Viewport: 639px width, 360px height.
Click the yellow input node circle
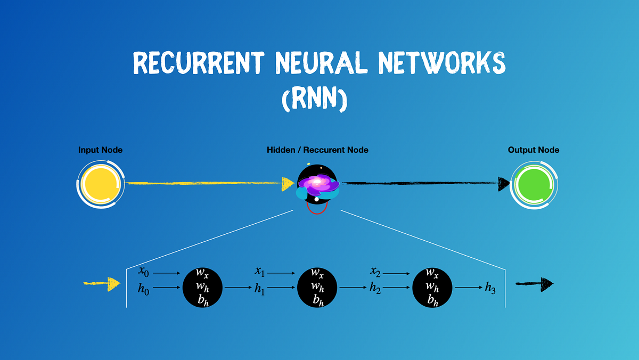[x=100, y=184]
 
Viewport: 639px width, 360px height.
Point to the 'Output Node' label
[x=534, y=150]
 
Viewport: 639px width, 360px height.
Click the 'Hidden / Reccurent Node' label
[x=317, y=150]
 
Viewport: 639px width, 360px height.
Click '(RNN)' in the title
[x=314, y=99]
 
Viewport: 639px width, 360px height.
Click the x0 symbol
[x=143, y=272]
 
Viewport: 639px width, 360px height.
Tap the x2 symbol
[x=375, y=272]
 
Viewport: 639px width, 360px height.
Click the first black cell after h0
[x=202, y=288]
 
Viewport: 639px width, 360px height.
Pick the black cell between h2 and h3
[x=432, y=288]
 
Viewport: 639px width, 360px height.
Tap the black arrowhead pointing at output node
[x=504, y=184]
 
